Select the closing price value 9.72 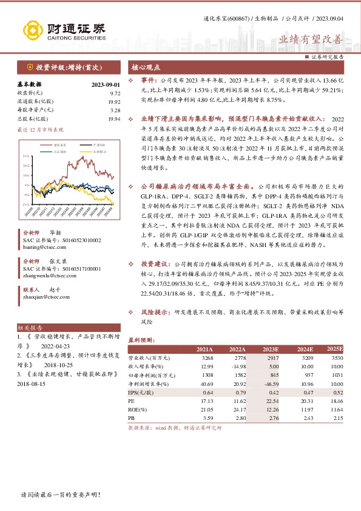[115, 93]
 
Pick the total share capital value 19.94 [115, 119]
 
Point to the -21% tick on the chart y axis [27, 205]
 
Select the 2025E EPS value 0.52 [337, 393]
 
